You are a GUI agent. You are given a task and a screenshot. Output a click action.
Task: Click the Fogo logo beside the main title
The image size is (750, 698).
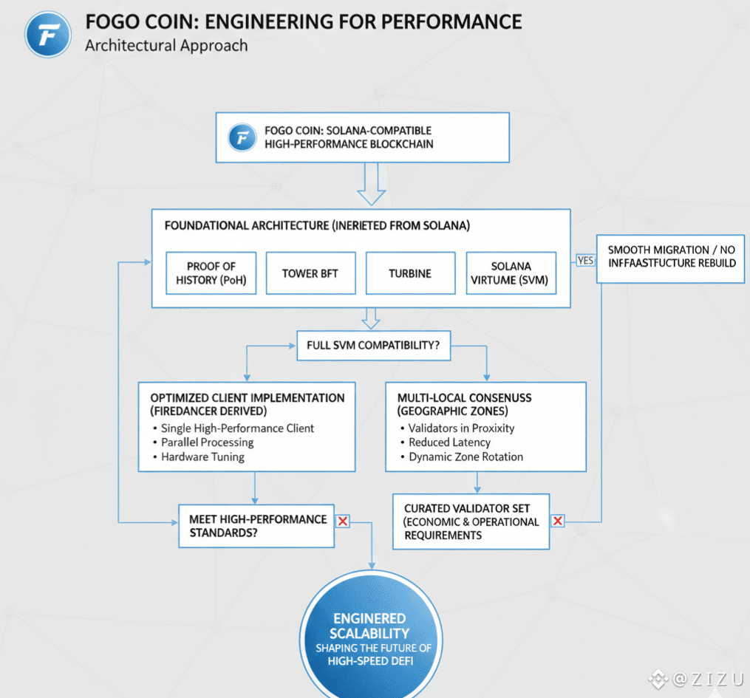click(x=48, y=33)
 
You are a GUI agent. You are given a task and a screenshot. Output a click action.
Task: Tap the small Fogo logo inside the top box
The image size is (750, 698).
click(x=242, y=137)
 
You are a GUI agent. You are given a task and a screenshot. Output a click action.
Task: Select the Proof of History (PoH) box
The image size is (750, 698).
click(x=211, y=273)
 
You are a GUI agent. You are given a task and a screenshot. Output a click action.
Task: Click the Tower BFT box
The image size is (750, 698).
click(x=310, y=273)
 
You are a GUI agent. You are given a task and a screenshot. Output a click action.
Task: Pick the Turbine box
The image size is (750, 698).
click(x=410, y=273)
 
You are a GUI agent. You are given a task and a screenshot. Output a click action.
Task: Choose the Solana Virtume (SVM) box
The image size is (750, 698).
click(x=511, y=273)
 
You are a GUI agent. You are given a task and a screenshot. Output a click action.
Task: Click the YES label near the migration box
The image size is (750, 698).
click(x=585, y=260)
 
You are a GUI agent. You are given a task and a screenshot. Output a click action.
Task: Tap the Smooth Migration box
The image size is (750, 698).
click(x=671, y=256)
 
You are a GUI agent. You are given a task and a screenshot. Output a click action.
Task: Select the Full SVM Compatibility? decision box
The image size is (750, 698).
click(x=373, y=345)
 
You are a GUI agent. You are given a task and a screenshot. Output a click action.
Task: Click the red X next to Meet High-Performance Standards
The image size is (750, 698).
click(x=343, y=521)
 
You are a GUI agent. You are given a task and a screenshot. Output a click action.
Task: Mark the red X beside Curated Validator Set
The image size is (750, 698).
click(x=558, y=521)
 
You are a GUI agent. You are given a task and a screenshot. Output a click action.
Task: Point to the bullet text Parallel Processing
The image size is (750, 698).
click(x=207, y=442)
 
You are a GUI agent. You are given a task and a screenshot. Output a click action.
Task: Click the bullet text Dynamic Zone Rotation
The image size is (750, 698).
click(x=466, y=456)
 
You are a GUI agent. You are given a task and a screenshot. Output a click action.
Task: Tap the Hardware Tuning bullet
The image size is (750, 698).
click(x=202, y=456)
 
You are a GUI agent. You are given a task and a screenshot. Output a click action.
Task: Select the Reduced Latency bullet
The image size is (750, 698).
click(x=449, y=442)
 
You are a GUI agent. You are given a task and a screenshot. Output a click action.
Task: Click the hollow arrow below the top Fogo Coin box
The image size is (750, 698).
click(x=371, y=185)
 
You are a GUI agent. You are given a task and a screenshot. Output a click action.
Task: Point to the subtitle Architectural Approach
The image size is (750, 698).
click(x=166, y=46)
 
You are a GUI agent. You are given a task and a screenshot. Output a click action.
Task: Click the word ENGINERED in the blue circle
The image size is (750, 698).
click(x=369, y=618)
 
